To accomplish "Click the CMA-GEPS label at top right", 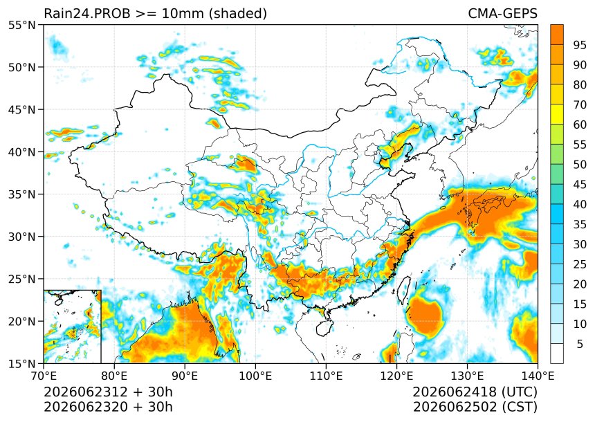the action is click(502, 13).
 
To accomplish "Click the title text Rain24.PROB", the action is click(87, 13).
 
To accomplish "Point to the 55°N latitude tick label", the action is click(22, 25).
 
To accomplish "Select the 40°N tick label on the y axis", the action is click(22, 152).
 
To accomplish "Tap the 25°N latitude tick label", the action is click(22, 279).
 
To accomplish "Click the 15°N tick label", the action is click(22, 363).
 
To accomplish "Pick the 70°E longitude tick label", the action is click(44, 376).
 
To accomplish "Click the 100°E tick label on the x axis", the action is click(255, 376).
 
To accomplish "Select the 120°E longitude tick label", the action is click(396, 376).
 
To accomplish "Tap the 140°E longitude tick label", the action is click(538, 376).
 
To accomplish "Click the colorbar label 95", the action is click(580, 45).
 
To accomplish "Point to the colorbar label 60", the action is click(580, 125).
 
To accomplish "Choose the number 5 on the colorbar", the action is click(580, 344).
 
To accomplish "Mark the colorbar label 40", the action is click(580, 205).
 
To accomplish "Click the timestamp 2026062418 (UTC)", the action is click(475, 392).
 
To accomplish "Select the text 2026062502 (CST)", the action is click(475, 407).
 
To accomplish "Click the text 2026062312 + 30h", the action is click(108, 392).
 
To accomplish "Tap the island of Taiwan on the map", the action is click(404, 291).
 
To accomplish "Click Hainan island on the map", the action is click(324, 327).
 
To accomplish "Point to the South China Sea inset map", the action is click(73, 327).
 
